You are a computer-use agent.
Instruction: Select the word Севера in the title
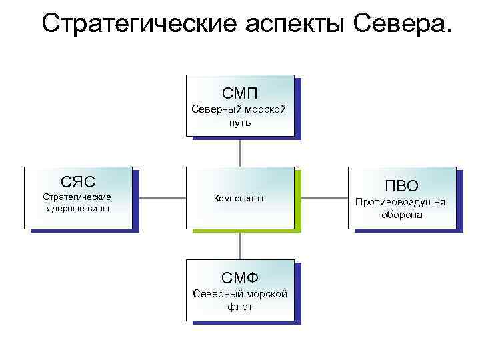pos(400,24)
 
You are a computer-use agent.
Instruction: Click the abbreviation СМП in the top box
pos(240,93)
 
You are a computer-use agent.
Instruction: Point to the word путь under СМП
pos(240,122)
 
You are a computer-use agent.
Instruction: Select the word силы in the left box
pos(99,209)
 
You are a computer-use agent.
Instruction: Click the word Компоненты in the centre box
pos(239,198)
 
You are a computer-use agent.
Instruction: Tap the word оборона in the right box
pos(401,215)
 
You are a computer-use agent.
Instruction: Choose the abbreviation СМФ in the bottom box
pos(240,277)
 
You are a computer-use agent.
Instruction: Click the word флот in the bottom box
pos(240,307)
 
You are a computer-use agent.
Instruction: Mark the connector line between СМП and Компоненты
pos(240,151)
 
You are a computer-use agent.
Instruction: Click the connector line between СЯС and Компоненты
pos(159,198)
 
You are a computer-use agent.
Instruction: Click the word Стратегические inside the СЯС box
pos(77,197)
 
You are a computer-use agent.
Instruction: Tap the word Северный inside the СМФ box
pos(215,294)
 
